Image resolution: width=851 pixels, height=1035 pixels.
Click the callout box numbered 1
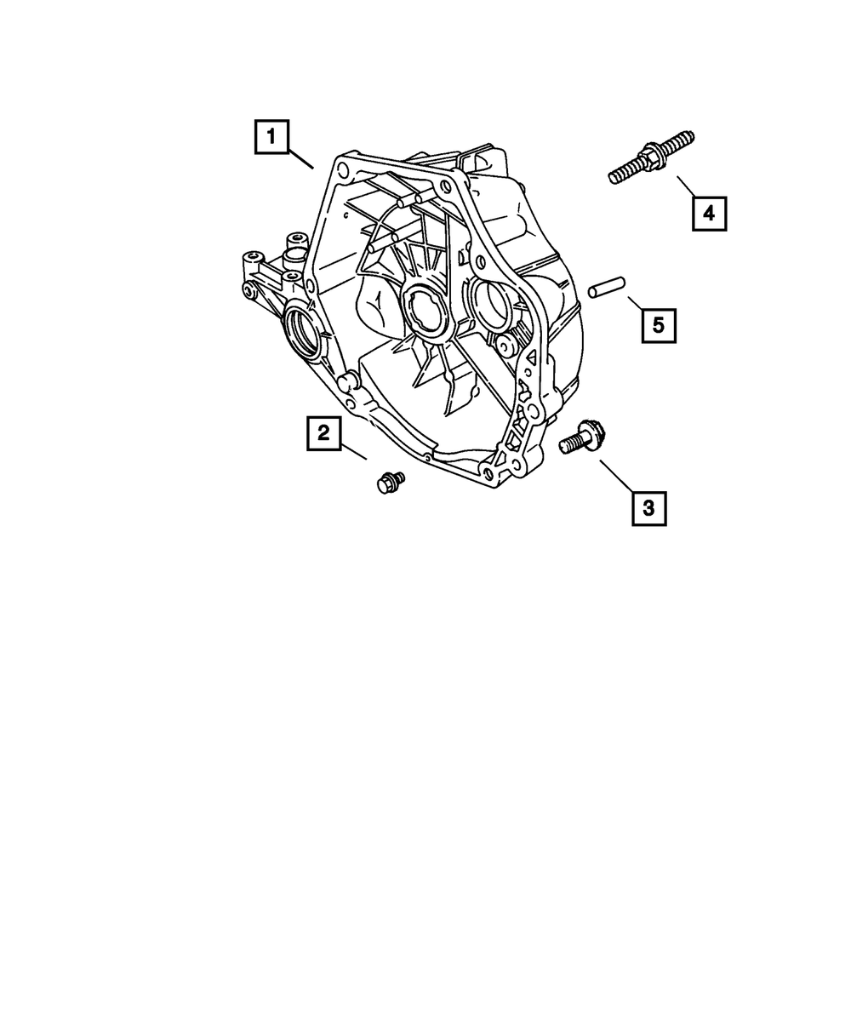tap(271, 137)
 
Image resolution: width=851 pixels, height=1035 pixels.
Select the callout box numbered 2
tap(324, 433)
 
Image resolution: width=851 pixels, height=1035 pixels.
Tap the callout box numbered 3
tap(648, 509)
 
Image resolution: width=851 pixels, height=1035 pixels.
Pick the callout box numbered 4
tap(709, 213)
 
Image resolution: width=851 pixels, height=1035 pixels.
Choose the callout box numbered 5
tap(659, 324)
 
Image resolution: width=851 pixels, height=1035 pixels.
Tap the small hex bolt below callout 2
tap(389, 482)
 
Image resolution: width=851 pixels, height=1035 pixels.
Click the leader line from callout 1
tap(300, 158)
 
